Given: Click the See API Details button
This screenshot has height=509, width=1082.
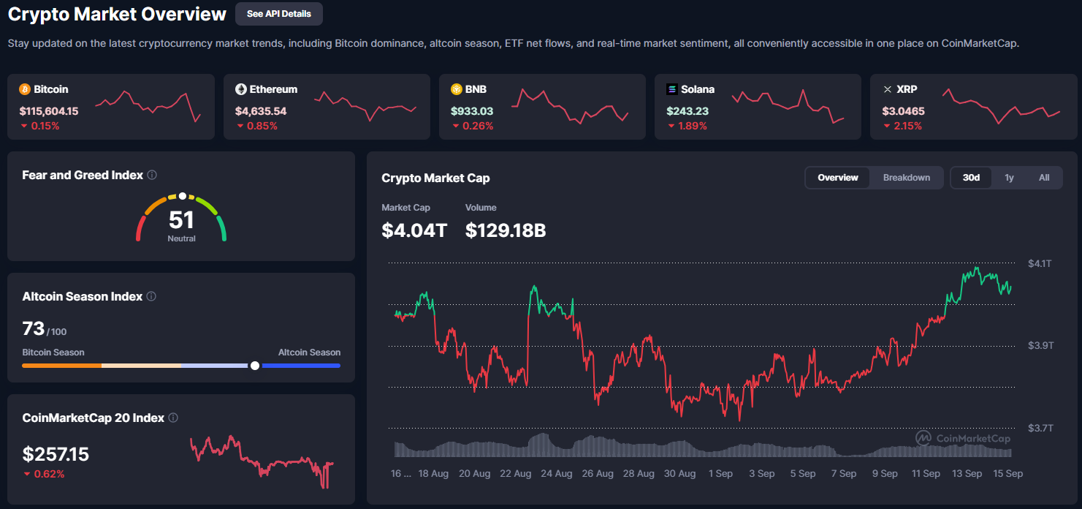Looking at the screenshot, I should click(278, 14).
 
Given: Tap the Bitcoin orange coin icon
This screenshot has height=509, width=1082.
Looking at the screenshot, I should click(24, 89).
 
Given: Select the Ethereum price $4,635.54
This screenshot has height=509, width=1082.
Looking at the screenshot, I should click(260, 111).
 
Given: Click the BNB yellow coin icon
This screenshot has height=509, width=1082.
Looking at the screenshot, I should click(456, 89).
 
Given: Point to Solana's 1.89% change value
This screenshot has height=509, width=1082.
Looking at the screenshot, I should click(693, 126).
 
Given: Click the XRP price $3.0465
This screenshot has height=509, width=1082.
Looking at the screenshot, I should click(904, 111).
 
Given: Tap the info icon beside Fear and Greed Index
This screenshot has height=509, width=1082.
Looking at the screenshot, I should click(152, 175).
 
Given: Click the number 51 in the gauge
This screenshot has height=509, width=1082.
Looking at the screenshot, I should click(181, 219).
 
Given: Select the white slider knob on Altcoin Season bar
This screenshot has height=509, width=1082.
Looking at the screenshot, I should click(254, 365).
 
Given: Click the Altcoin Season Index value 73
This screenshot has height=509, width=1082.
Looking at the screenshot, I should click(34, 329).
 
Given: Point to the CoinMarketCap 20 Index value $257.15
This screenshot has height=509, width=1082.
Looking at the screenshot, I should click(56, 455).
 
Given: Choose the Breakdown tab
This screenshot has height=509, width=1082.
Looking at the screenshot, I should click(906, 178).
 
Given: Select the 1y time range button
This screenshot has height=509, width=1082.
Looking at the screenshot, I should click(1009, 178).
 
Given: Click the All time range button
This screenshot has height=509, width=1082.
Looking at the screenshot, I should click(1043, 178).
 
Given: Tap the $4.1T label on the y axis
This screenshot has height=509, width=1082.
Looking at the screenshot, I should click(1040, 263).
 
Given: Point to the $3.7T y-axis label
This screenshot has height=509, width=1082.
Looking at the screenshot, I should click(1040, 428).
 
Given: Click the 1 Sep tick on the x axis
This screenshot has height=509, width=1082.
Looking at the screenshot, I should click(720, 474).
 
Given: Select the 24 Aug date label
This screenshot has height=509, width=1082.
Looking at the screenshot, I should click(556, 474).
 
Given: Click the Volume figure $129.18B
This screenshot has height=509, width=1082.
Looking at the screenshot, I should click(506, 230).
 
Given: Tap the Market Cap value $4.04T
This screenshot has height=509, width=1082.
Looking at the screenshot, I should click(414, 230).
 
